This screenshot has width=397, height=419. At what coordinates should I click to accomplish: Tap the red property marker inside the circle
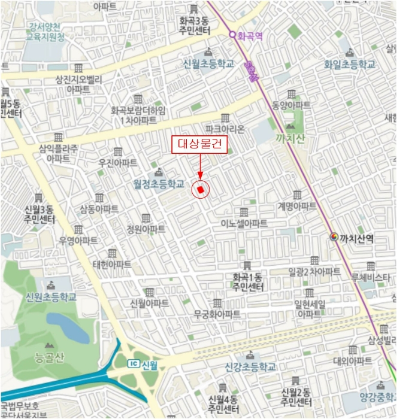pos(201,190)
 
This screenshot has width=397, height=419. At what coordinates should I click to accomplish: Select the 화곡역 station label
pos(250,35)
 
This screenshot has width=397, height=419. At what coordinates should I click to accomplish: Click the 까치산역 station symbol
pos(334,238)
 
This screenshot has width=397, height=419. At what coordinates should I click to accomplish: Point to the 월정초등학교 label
pos(159,186)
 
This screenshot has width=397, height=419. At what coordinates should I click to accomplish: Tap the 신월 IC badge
pos(135,364)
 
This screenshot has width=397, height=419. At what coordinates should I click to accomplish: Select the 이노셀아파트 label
pos(244,223)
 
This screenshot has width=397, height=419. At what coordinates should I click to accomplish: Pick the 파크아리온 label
pos(225,129)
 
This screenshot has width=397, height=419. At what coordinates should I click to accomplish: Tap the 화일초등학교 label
pos(350,63)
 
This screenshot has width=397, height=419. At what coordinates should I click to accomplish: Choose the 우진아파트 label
pos(118,162)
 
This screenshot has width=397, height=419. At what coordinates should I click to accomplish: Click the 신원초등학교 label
pos(51,296)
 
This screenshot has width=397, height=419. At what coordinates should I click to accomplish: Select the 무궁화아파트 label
pos(217,314)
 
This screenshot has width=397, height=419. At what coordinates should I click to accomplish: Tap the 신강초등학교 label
pos(250,366)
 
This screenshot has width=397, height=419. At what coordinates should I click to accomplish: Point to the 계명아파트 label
pos(297,206)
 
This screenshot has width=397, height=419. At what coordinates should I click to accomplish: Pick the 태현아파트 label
pos(112,264)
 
